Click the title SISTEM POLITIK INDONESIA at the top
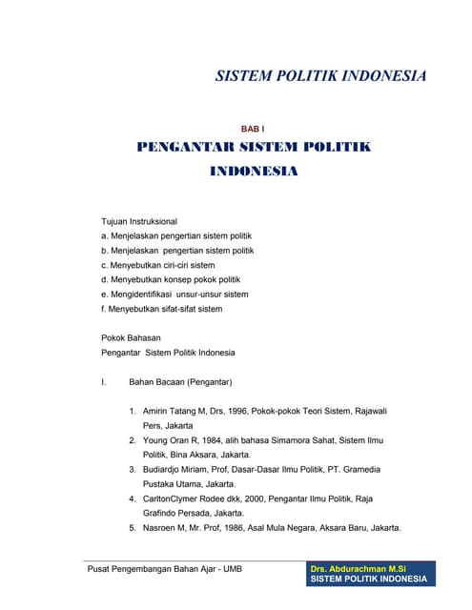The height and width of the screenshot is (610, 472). (x=320, y=76)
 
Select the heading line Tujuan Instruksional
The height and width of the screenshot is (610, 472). (x=139, y=221)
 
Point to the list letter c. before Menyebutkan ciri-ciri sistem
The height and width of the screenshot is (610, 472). (x=104, y=265)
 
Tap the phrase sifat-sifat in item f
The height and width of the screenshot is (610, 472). (x=178, y=309)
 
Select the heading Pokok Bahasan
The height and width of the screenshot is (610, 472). (x=131, y=337)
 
